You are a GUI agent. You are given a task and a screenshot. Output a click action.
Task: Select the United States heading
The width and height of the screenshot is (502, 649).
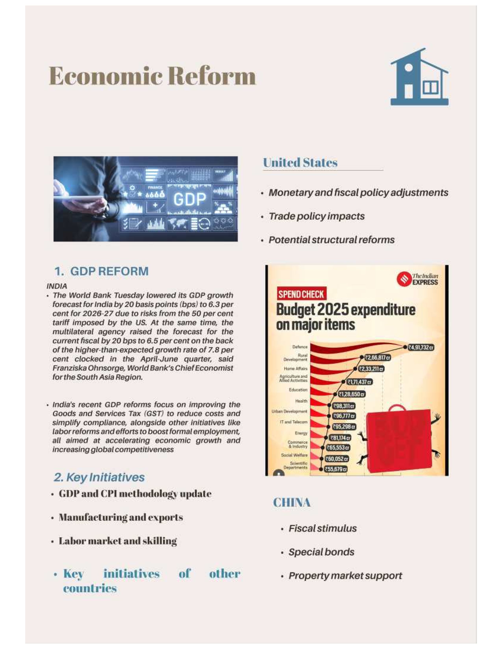pyautogui.click(x=300, y=163)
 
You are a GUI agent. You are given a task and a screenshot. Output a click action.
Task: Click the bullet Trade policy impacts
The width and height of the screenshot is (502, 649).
pyautogui.click(x=316, y=216)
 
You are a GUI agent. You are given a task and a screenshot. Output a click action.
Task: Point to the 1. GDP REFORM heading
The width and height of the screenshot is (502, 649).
pyautogui.click(x=101, y=271)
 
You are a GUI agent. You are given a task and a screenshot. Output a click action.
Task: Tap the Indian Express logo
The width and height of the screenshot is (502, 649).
pyautogui.click(x=418, y=279)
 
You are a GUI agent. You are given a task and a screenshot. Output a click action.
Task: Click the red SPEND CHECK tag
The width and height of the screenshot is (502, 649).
pyautogui.click(x=301, y=294)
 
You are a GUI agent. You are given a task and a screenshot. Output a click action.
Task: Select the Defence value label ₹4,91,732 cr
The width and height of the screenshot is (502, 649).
pyautogui.click(x=420, y=347)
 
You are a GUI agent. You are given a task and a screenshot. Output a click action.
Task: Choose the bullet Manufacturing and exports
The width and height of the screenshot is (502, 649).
pyautogui.click(x=121, y=517)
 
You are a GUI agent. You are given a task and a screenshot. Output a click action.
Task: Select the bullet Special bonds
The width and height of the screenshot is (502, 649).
pyautogui.click(x=321, y=552)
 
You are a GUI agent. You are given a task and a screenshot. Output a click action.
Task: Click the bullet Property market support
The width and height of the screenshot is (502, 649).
pyautogui.click(x=345, y=576)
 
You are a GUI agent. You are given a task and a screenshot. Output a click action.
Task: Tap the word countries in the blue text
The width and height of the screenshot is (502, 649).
pyautogui.click(x=90, y=588)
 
